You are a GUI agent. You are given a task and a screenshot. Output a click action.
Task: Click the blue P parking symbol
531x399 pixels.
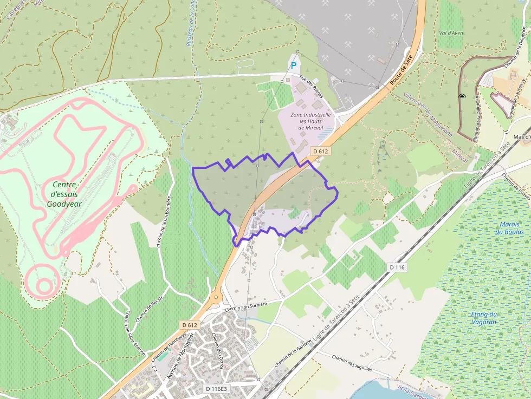click(x=294, y=66)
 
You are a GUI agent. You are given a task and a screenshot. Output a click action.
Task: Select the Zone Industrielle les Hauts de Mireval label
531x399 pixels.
click(x=310, y=121)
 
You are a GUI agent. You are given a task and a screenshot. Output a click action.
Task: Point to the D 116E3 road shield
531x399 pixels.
click(x=217, y=389)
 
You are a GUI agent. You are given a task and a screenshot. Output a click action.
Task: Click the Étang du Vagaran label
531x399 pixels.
click(x=484, y=318)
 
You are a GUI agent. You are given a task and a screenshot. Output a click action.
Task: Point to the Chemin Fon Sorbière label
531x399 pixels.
click(x=245, y=306)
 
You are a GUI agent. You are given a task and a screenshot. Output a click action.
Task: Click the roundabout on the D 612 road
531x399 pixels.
click(x=216, y=296)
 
